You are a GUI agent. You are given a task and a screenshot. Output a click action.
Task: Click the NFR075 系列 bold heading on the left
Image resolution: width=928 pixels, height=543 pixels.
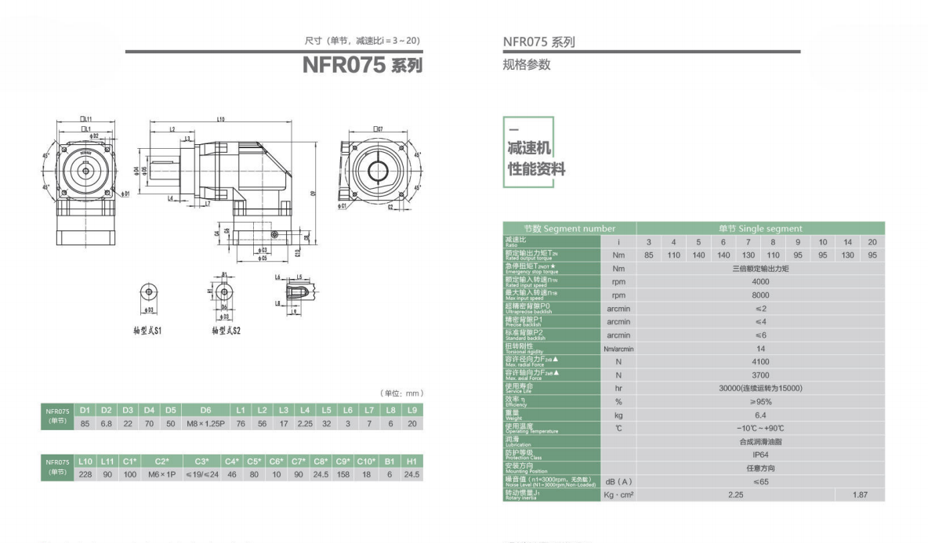coord(362,65)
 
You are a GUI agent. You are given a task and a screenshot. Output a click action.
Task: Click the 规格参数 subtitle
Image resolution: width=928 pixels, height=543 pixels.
coord(527,64)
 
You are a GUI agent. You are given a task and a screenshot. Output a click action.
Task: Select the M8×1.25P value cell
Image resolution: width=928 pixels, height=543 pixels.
coord(206,423)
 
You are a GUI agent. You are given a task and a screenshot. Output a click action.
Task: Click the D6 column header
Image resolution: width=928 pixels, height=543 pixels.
coord(206,410)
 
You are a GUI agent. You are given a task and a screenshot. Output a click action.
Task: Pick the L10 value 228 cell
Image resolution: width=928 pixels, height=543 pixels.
coord(85,474)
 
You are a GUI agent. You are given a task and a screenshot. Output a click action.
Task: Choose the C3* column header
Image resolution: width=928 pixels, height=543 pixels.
coord(201,461)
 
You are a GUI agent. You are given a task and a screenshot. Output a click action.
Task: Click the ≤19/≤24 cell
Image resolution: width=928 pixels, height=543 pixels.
coord(201,474)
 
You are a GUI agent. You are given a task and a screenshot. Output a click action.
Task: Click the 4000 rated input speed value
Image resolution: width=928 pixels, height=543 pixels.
coord(760,281)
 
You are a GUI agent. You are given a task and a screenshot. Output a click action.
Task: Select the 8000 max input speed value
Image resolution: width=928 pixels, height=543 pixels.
coord(760,295)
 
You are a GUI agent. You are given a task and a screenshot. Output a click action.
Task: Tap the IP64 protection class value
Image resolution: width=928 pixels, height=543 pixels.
coord(760,454)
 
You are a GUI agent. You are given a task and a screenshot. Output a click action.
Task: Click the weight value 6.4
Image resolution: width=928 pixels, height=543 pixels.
coord(760,414)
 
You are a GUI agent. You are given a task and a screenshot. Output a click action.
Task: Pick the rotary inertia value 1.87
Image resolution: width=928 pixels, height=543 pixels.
coord(860,495)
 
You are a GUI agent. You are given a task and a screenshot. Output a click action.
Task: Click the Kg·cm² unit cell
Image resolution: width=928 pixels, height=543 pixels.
coord(618,495)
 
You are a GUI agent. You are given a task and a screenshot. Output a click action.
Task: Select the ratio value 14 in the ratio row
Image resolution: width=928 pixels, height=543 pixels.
coord(847,241)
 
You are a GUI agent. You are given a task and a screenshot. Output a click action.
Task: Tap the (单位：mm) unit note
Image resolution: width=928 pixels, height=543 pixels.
coord(401,393)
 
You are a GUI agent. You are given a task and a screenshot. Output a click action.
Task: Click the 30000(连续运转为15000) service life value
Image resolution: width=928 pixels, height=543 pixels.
coord(760,388)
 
